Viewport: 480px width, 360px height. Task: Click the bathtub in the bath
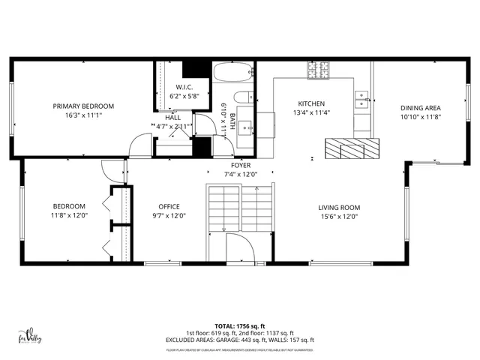pyautogui.click(x=233, y=73)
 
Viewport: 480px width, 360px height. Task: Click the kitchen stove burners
pyautogui.click(x=318, y=70)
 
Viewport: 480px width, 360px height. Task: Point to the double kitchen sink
pyautogui.click(x=361, y=96)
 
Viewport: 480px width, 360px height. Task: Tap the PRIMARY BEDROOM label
pyautogui.click(x=83, y=106)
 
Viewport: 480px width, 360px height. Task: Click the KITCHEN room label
pyautogui.click(x=312, y=104)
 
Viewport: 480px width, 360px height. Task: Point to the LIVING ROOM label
pyautogui.click(x=340, y=208)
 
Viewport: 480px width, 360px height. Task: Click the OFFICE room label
pyautogui.click(x=168, y=207)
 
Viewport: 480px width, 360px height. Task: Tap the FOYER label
pyautogui.click(x=241, y=165)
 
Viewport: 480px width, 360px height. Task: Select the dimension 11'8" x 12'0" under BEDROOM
pyautogui.click(x=69, y=216)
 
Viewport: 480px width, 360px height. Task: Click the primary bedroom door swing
pyautogui.click(x=139, y=145)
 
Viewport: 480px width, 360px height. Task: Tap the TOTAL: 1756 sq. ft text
pyautogui.click(x=240, y=327)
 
